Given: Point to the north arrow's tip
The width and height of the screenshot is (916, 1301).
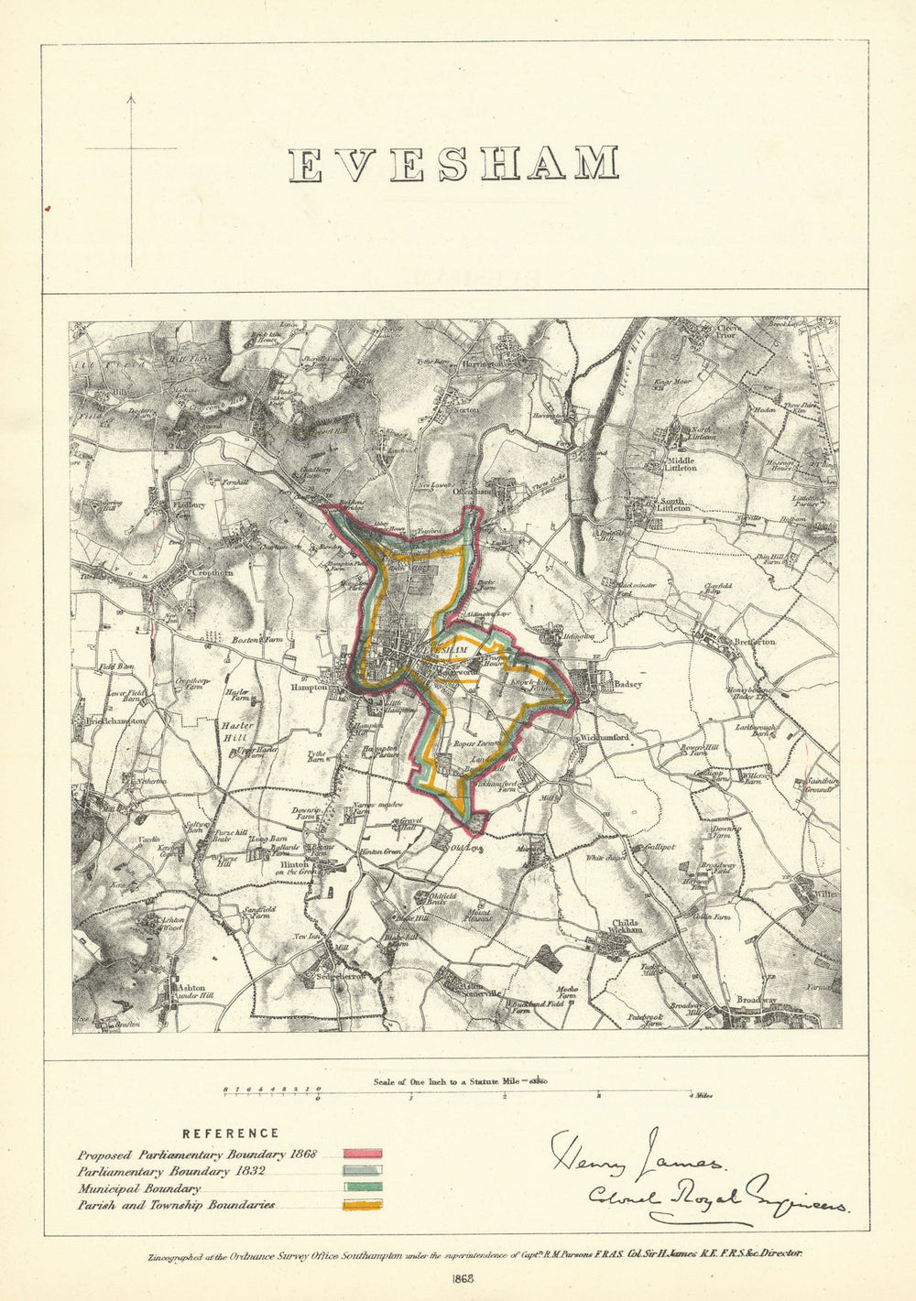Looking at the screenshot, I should coord(131,94).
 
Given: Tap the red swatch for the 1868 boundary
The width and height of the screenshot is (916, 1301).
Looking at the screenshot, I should coord(363,1155).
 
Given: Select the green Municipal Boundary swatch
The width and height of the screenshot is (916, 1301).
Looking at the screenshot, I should coord(363,1188).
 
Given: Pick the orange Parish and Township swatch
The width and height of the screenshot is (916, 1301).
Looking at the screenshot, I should coord(363,1206).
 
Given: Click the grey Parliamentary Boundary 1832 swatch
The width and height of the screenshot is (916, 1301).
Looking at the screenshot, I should coord(363,1171).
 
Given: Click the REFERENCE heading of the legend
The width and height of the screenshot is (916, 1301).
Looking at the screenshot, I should coord(231,1133).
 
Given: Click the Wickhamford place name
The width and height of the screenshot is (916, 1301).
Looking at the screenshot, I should coord(601,737).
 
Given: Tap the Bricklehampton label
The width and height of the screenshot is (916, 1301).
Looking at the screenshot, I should coord(113,721).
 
